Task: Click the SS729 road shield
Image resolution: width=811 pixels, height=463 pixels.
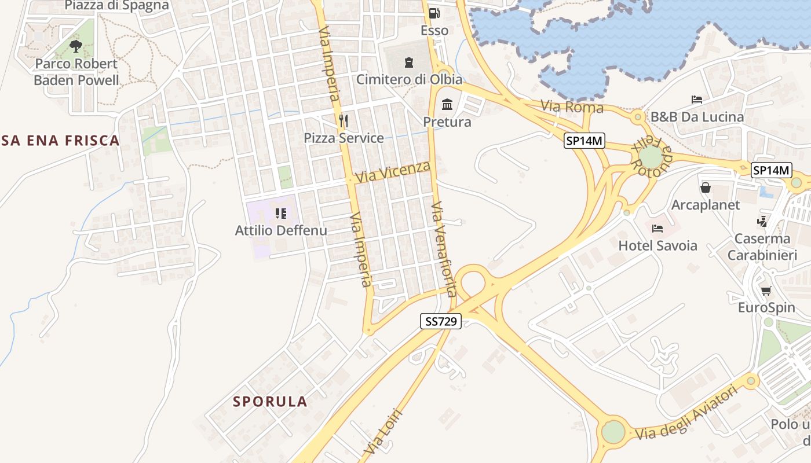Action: pyautogui.click(x=441, y=322)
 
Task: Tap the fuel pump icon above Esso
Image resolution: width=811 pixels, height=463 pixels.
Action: pyautogui.click(x=434, y=13)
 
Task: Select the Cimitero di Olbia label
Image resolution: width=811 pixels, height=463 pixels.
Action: pyautogui.click(x=409, y=79)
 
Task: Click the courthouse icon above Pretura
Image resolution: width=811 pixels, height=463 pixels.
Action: pyautogui.click(x=447, y=105)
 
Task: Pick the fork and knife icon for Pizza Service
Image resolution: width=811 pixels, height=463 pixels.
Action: pyautogui.click(x=344, y=120)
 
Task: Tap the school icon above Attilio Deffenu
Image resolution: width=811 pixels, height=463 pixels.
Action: pyautogui.click(x=281, y=214)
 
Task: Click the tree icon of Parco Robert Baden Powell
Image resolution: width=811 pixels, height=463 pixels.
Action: pyautogui.click(x=75, y=46)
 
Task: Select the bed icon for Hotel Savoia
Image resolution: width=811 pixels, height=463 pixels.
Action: pyautogui.click(x=657, y=229)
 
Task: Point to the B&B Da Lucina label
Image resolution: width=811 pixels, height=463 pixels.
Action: pyautogui.click(x=697, y=117)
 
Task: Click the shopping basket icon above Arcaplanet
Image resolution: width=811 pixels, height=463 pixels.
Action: pyautogui.click(x=706, y=188)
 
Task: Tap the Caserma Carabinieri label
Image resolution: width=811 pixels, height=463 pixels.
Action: pyautogui.click(x=762, y=247)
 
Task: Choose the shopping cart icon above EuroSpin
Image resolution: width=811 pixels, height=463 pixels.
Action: pyautogui.click(x=766, y=291)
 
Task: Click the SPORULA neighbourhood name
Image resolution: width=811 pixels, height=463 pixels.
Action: pyautogui.click(x=270, y=402)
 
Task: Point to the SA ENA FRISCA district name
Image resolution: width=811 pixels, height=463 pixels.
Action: pyautogui.click(x=60, y=140)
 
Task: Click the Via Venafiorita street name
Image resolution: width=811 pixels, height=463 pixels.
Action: pyautogui.click(x=444, y=249)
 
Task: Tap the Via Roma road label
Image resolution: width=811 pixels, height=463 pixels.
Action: pyautogui.click(x=572, y=107)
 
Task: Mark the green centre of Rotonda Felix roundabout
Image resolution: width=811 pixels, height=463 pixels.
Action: pyautogui.click(x=651, y=157)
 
